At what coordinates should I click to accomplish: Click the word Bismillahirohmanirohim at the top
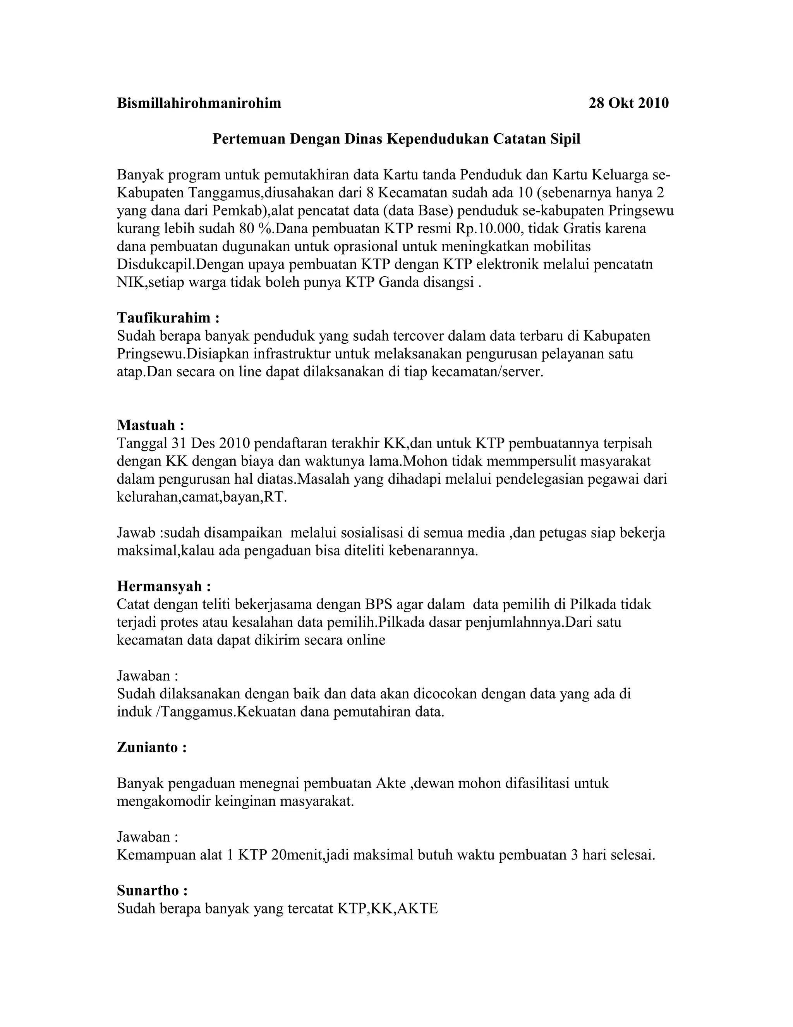pos(199,103)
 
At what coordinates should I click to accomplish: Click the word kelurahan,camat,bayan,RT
pos(201,497)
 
